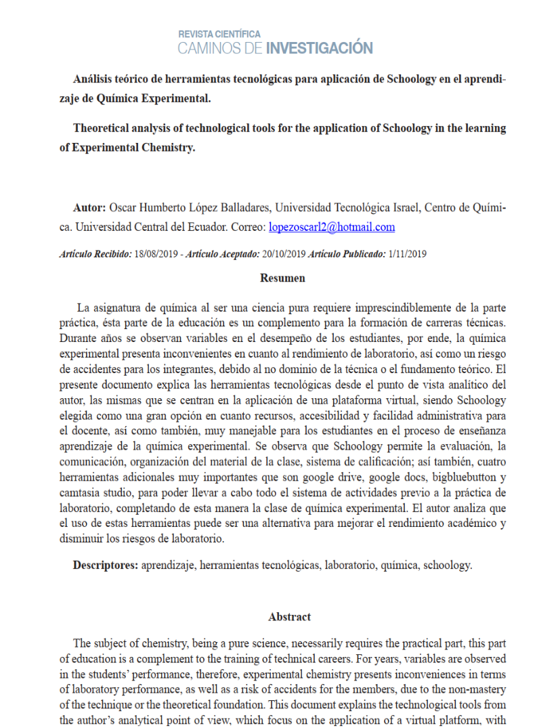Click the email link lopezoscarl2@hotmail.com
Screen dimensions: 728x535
pyautogui.click(x=331, y=227)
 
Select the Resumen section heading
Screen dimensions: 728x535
pyautogui.click(x=282, y=278)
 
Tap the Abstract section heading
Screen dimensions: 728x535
pyautogui.click(x=289, y=616)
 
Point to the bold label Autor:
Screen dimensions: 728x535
pyautogui.click(x=89, y=207)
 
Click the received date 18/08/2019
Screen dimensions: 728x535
pyautogui.click(x=156, y=254)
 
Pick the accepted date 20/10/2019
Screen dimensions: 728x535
pyautogui.click(x=284, y=254)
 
